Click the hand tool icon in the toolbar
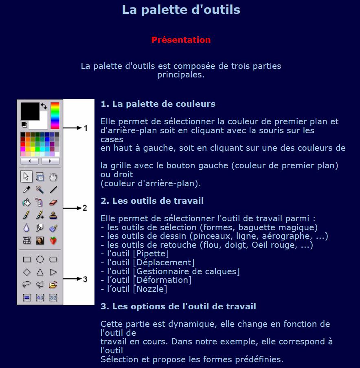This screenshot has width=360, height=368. click(x=53, y=176)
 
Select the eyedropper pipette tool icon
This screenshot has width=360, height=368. click(x=27, y=190)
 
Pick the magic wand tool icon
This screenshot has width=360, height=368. click(x=40, y=190)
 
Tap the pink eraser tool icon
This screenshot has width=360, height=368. click(x=53, y=203)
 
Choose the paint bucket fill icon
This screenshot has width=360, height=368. click(x=27, y=203)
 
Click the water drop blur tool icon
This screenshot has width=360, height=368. click(x=27, y=228)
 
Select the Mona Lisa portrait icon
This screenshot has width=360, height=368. click(x=40, y=241)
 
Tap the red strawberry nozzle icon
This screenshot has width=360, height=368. click(x=53, y=241)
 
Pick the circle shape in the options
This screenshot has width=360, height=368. click(x=40, y=259)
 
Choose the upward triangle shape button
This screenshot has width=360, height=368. click(x=40, y=272)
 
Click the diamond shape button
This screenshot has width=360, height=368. click(x=27, y=272)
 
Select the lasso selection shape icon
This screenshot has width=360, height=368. click(x=27, y=284)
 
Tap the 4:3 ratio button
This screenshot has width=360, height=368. click(x=40, y=298)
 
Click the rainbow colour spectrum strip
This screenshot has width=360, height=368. click(x=55, y=115)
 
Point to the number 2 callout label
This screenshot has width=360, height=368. click(x=85, y=208)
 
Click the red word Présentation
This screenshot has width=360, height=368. click(x=181, y=40)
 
